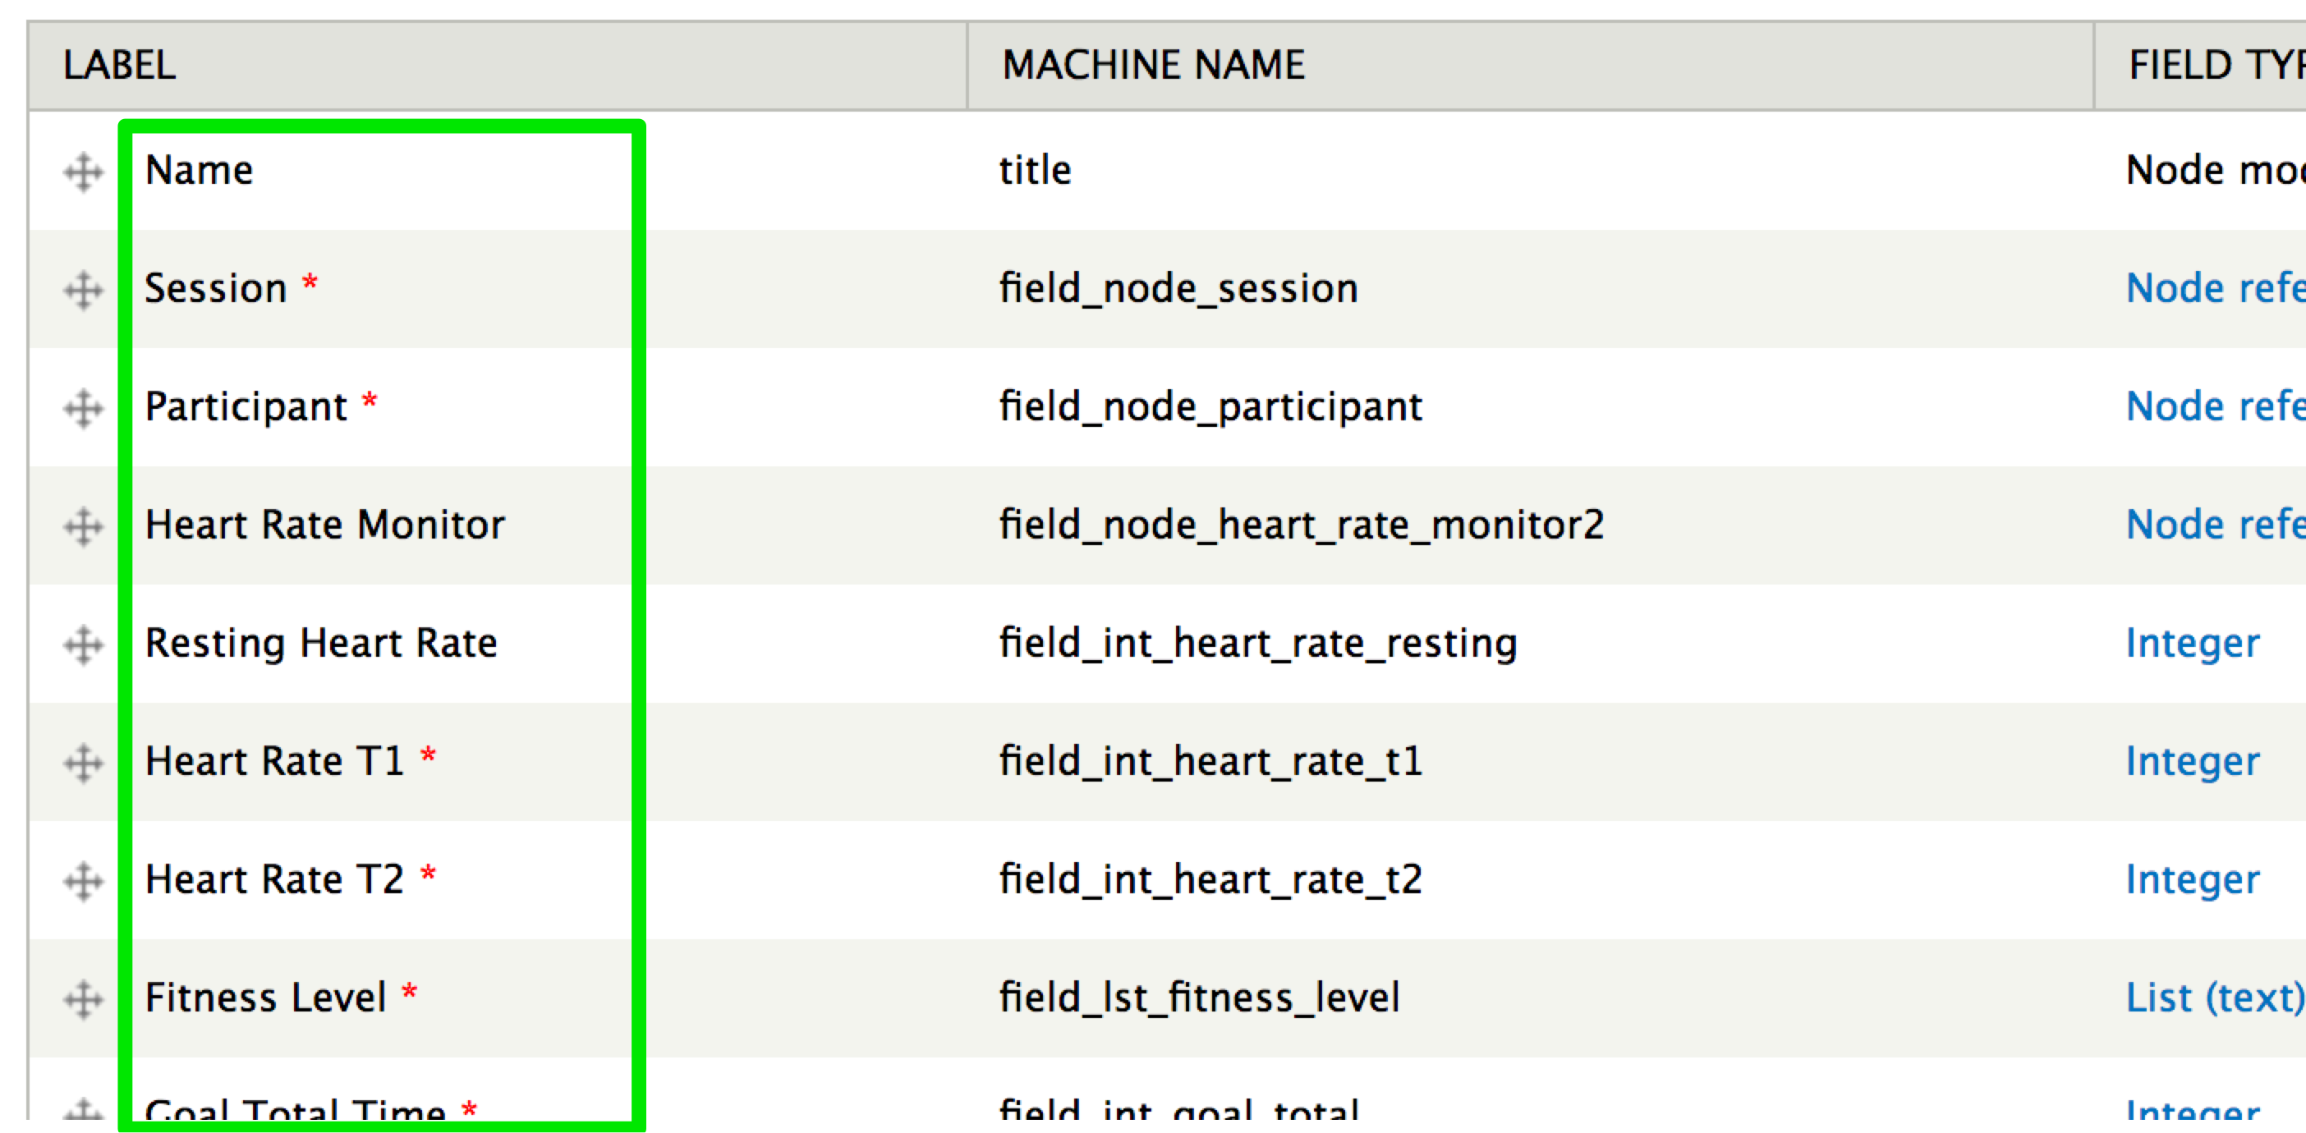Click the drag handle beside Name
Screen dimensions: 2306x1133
pos(83,172)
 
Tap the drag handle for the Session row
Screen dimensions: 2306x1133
pos(83,290)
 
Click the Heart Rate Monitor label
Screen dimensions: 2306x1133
pos(325,525)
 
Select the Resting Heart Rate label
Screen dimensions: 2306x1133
pos(320,643)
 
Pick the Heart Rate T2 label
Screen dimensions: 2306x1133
pos(275,878)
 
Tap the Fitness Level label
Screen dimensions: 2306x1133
pos(266,997)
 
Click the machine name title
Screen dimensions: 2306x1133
pos(1035,170)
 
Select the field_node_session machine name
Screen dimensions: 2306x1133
pos(1178,288)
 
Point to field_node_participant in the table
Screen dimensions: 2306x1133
pos(1210,406)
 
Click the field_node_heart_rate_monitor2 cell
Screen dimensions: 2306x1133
pos(1302,525)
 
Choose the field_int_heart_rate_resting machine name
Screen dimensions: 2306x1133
pos(1258,643)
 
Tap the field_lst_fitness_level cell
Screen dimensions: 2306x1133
pos(1200,997)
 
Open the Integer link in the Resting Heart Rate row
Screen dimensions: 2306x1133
pos(2193,643)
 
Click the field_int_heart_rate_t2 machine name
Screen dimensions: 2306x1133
pos(1210,878)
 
